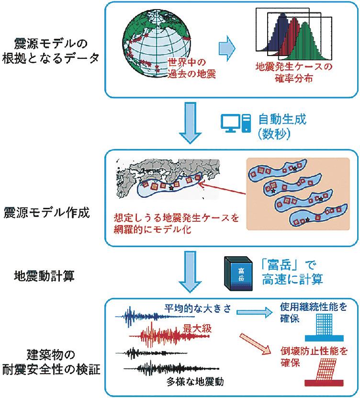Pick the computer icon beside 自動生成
[235, 124]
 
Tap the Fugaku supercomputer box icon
[239, 273]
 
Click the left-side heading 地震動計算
[44, 276]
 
